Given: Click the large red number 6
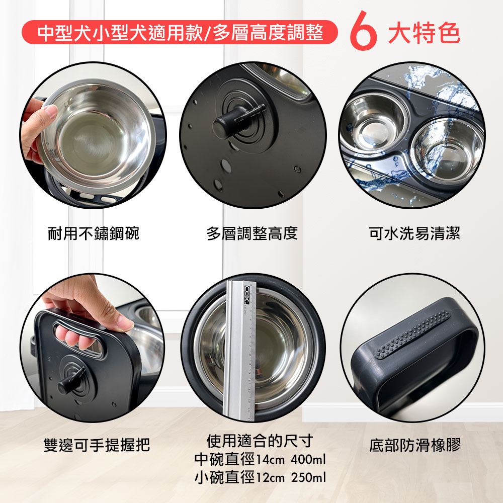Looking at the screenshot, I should coord(362,33).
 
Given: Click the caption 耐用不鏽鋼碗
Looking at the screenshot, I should coord(94,233).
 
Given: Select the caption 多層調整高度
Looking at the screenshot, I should coord(252,233).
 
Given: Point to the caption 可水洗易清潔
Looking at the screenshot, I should coord(414,233).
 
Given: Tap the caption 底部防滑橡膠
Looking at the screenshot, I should coord(414,445).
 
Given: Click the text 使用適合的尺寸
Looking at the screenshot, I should coord(260,441).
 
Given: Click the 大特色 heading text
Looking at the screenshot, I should coord(424,33).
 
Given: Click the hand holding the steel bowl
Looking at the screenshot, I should coord(38,123).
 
